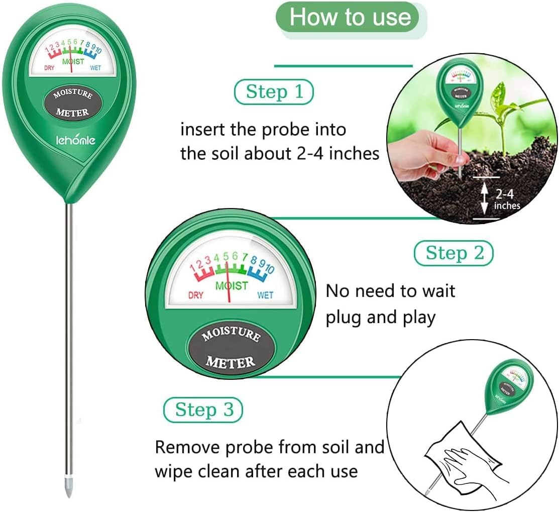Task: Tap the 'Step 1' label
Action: point(274,92)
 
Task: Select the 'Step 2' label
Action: point(454,253)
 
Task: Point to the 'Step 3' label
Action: point(203,410)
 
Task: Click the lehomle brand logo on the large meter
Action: point(75,141)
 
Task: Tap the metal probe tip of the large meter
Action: point(69,490)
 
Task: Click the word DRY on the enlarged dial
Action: point(195,295)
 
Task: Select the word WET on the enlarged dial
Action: point(265,295)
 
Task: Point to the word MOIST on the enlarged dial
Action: point(231,285)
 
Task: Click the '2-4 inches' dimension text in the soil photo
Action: point(507,199)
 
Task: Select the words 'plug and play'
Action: point(380,318)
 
